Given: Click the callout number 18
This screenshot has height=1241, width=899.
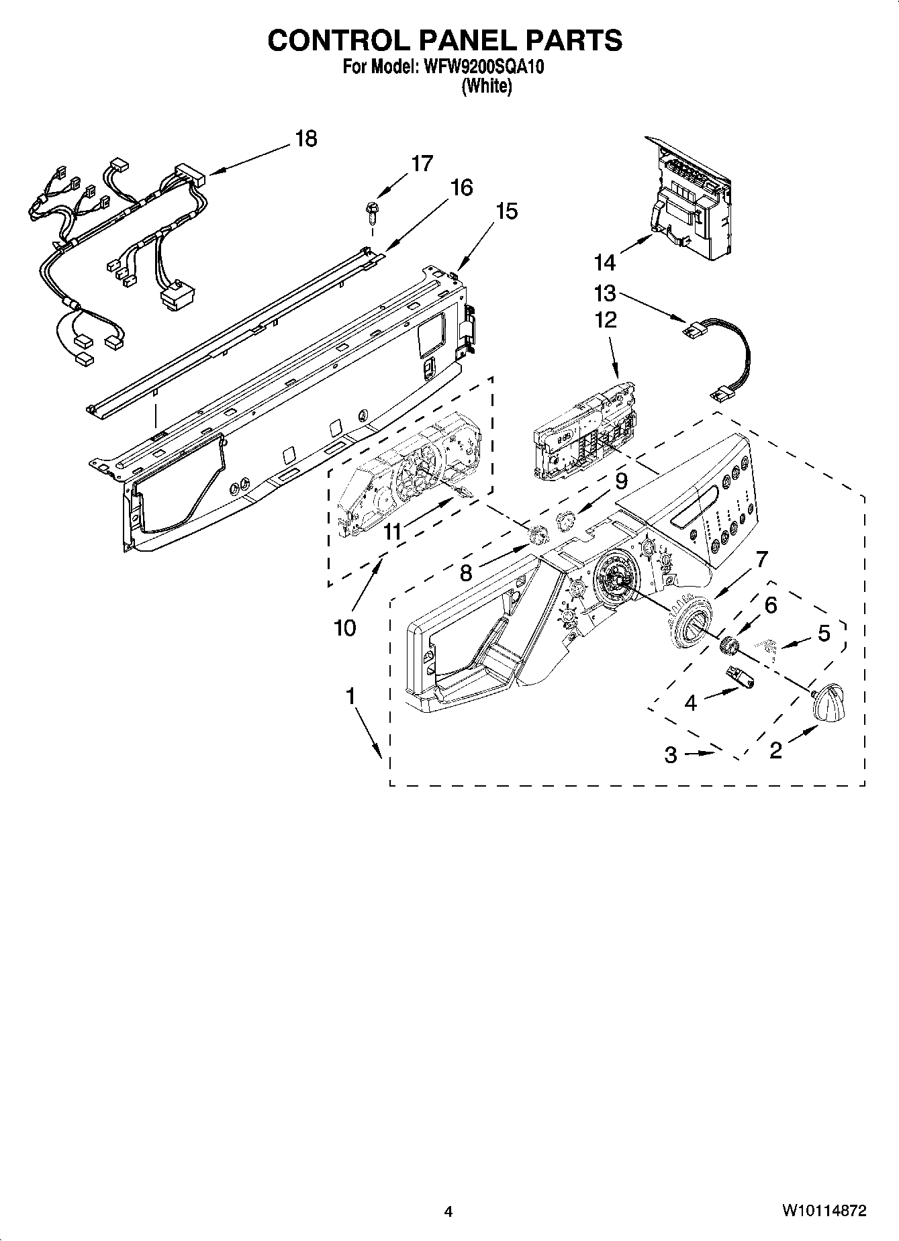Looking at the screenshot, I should [305, 139].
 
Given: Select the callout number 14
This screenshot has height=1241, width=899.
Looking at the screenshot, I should [604, 261].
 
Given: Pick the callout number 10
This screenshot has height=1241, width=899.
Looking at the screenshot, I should [344, 628].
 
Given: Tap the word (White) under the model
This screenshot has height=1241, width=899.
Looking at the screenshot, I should [487, 87].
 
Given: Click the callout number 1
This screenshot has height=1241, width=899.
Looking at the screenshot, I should [350, 697].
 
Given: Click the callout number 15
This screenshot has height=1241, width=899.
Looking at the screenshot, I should [507, 211].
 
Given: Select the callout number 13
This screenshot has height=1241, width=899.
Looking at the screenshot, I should [604, 293].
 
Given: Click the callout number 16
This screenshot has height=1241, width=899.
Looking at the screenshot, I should [461, 187].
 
